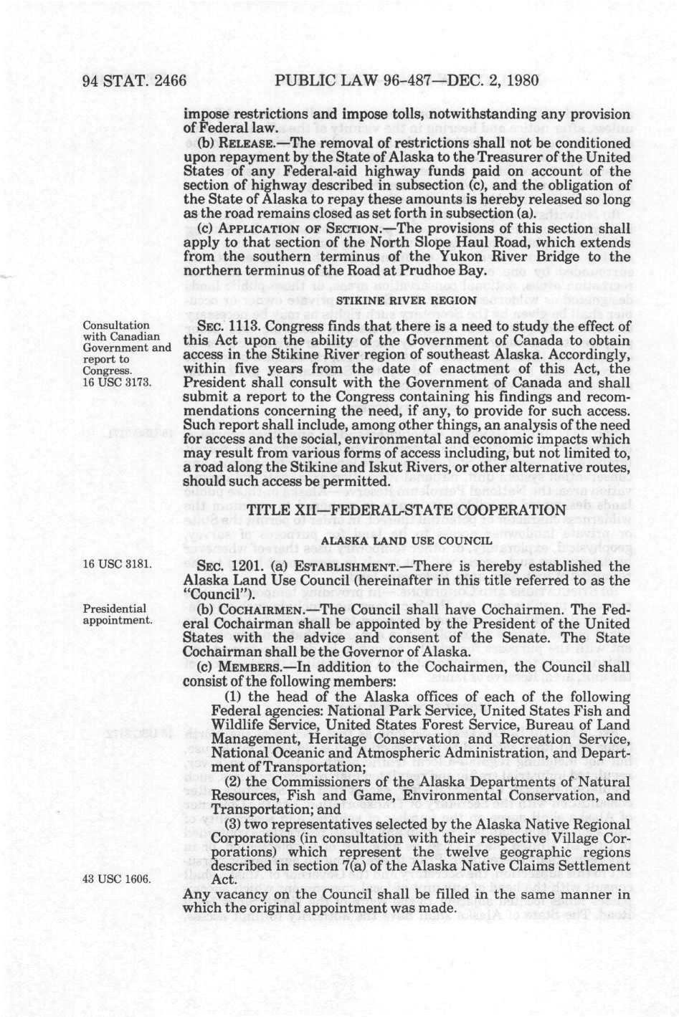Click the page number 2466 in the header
tap(165, 80)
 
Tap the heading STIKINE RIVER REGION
tap(407, 300)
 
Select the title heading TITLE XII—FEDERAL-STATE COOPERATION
tap(407, 510)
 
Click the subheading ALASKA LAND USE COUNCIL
tap(407, 540)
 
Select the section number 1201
tap(231, 566)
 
